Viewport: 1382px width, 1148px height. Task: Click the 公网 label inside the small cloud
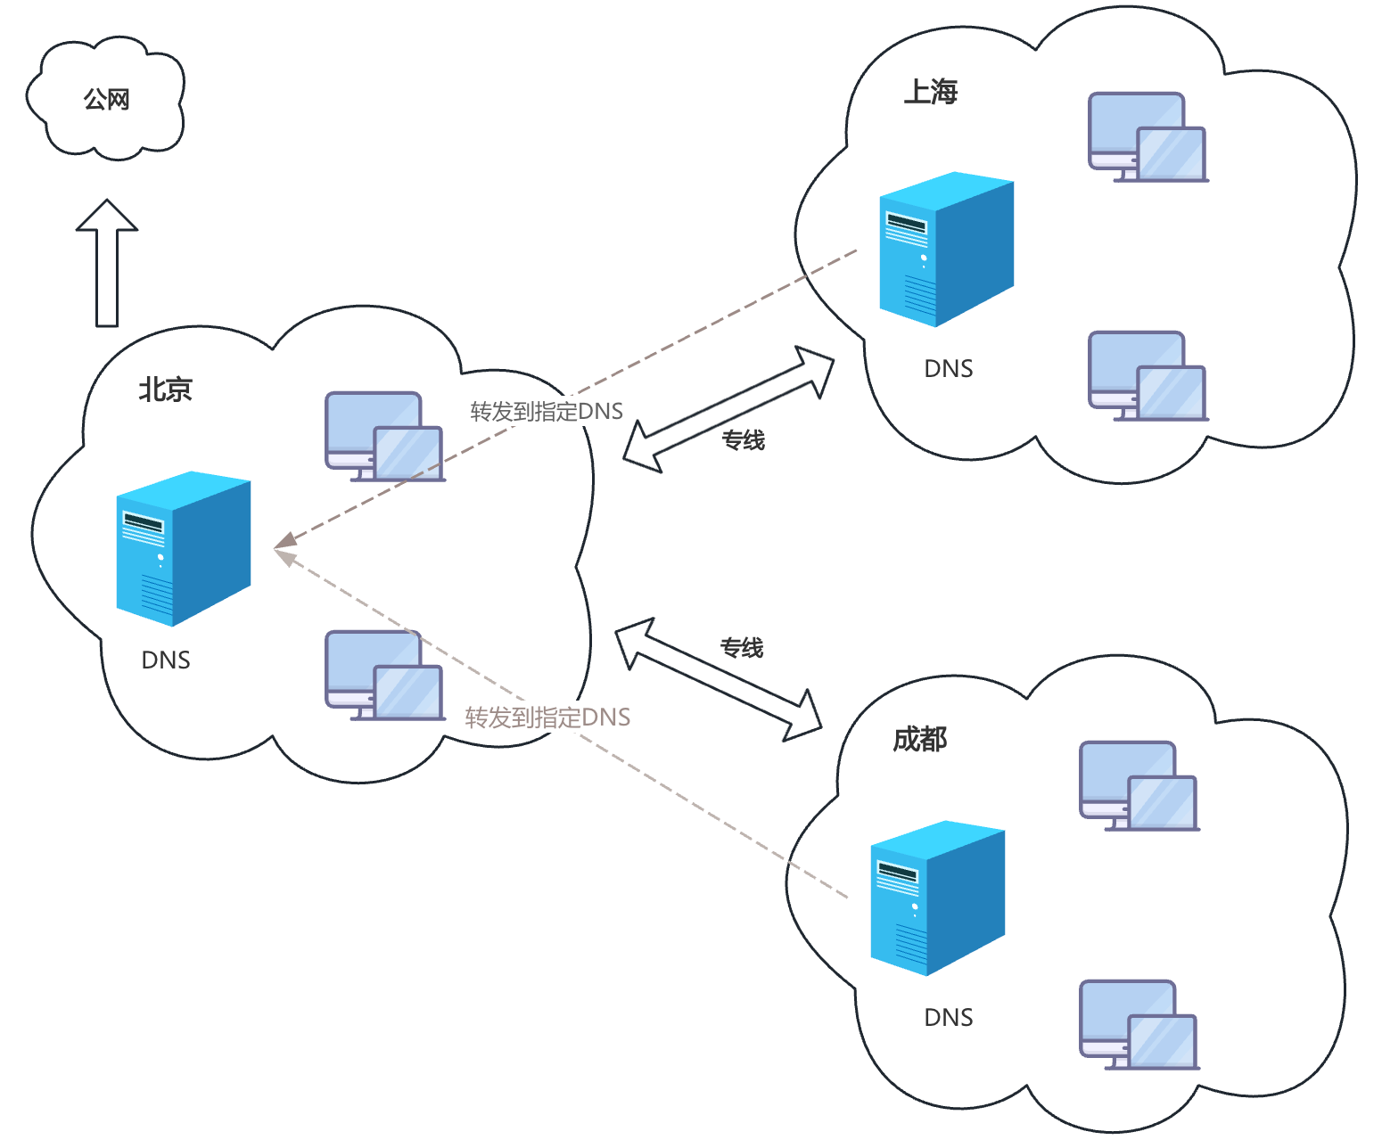pyautogui.click(x=107, y=99)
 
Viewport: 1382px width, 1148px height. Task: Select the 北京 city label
pyautogui.click(x=165, y=389)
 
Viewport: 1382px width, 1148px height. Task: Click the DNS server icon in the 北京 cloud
pyautogui.click(x=184, y=548)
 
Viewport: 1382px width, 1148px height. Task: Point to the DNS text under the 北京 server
pyautogui.click(x=166, y=660)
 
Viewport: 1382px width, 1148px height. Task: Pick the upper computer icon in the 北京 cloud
pyautogui.click(x=384, y=437)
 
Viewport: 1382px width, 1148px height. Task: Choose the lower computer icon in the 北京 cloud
pyautogui.click(x=384, y=676)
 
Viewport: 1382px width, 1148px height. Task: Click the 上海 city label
pyautogui.click(x=930, y=92)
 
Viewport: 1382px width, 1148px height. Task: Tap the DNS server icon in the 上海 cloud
pyautogui.click(x=947, y=249)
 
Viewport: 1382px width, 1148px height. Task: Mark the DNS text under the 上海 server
pyautogui.click(x=949, y=368)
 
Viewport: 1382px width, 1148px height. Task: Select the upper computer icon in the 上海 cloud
pyautogui.click(x=1148, y=137)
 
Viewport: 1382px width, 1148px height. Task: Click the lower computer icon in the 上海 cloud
pyautogui.click(x=1148, y=376)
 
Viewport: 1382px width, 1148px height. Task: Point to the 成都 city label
pyautogui.click(x=919, y=739)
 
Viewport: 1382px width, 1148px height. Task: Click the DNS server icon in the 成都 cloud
pyautogui.click(x=938, y=898)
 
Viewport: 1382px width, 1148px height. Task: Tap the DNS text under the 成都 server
pyautogui.click(x=949, y=1017)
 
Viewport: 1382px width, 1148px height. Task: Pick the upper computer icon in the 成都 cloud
pyautogui.click(x=1139, y=786)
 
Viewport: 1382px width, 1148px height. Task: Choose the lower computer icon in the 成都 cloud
pyautogui.click(x=1139, y=1025)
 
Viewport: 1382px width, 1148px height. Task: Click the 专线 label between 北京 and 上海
pyautogui.click(x=743, y=440)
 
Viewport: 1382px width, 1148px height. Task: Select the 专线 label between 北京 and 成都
pyautogui.click(x=742, y=648)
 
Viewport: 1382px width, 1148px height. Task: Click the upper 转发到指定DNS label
pyautogui.click(x=547, y=411)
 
